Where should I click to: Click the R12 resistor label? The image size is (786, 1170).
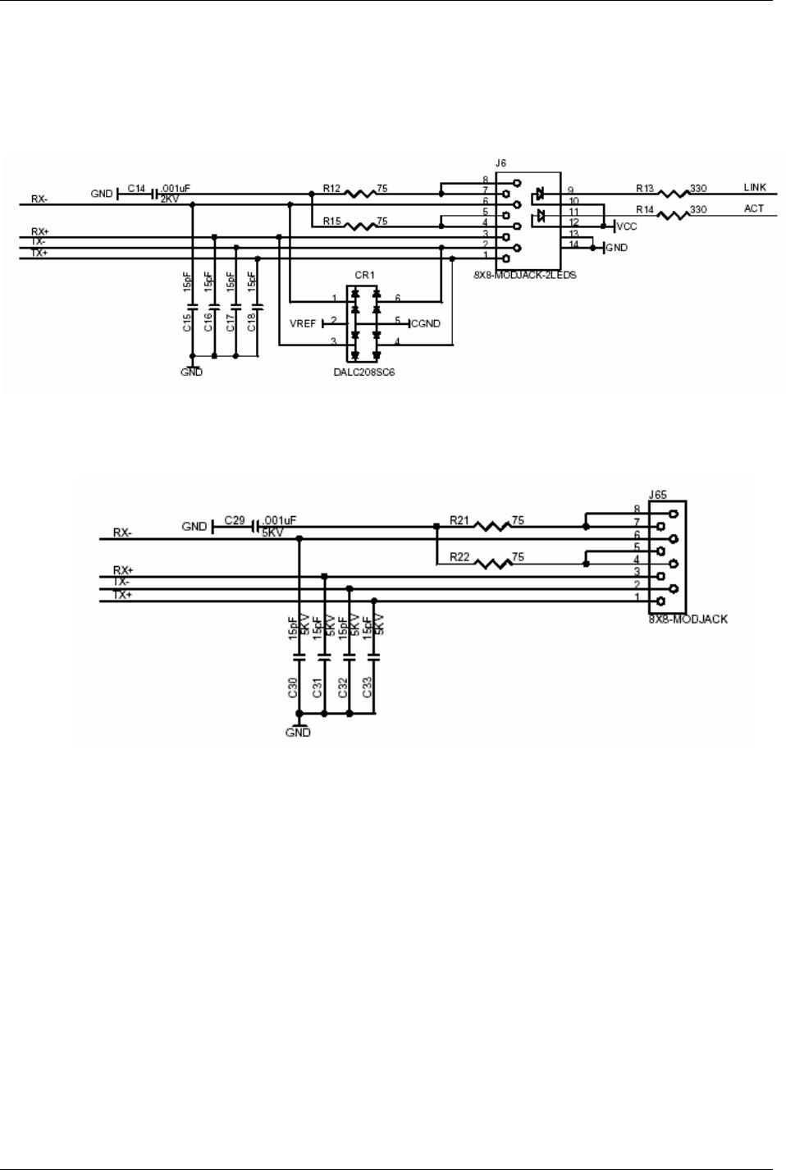pos(331,188)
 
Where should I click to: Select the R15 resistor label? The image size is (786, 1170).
pos(331,221)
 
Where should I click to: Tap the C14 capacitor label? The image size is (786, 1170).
pos(136,189)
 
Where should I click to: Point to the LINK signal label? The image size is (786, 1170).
pos(754,188)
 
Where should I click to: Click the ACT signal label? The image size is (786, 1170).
pos(754,208)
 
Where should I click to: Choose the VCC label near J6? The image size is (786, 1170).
pos(626,226)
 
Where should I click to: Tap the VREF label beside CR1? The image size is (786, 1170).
pos(303,323)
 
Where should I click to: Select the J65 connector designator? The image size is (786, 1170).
pos(657,495)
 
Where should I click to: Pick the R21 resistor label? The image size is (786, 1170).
pos(459,520)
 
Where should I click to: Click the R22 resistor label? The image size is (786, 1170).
pos(459,558)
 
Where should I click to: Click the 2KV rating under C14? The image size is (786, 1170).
pos(169,199)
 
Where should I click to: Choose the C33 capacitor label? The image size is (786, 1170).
pos(368,688)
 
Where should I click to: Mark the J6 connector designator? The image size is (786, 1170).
pos(501,165)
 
